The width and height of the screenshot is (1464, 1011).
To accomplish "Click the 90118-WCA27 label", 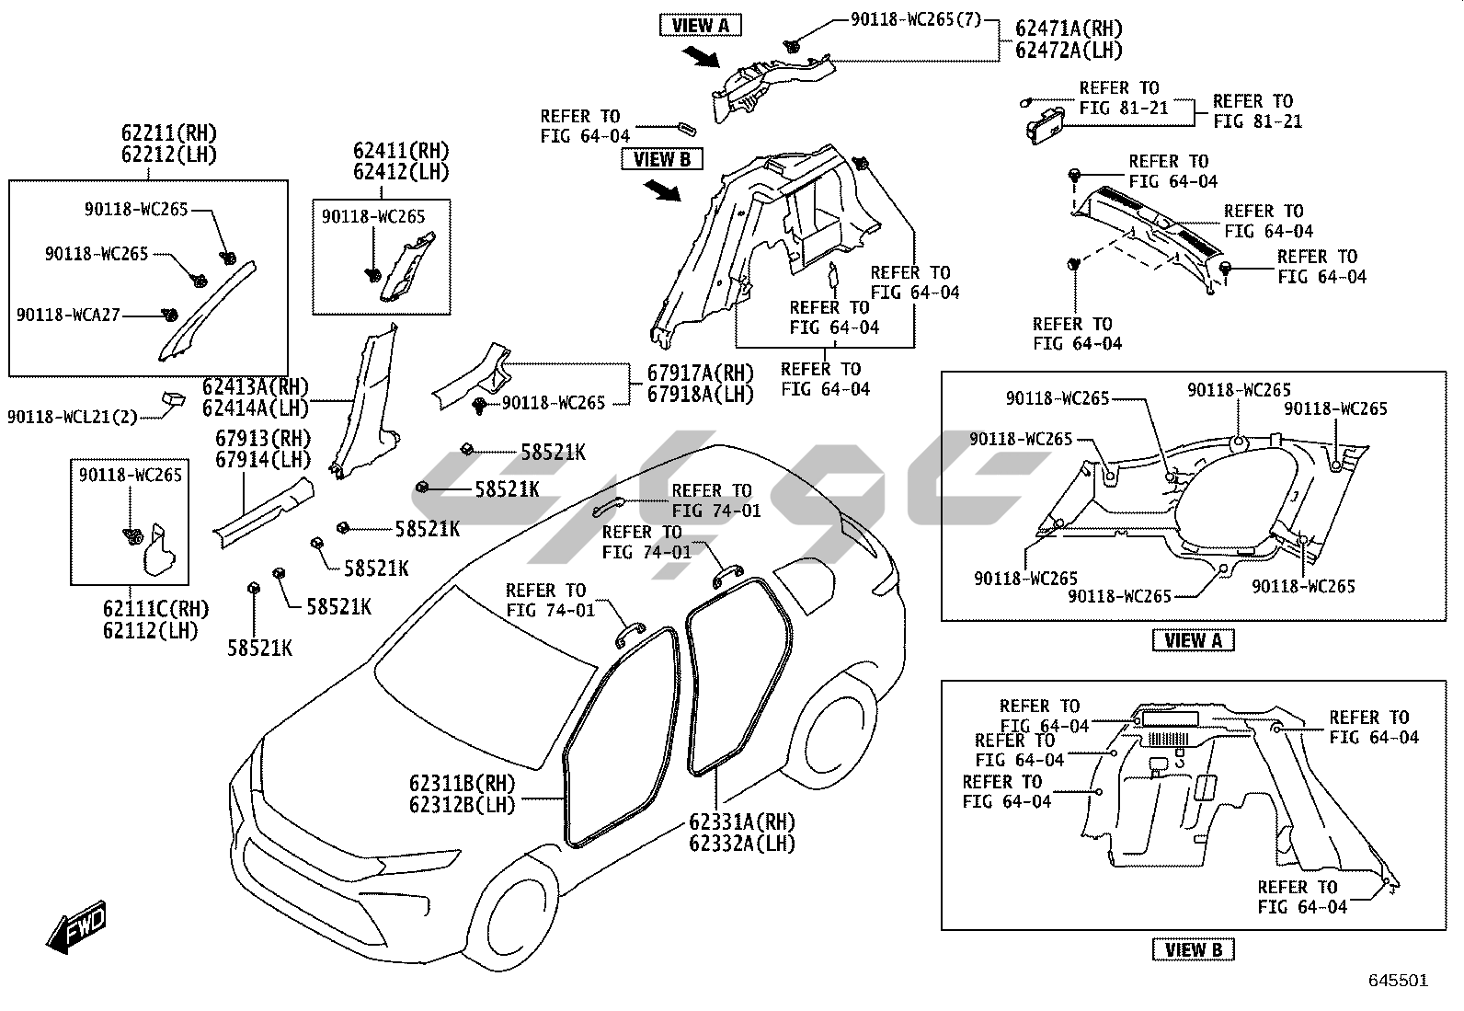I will tap(68, 315).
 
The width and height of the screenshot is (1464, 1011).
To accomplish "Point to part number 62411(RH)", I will tap(401, 151).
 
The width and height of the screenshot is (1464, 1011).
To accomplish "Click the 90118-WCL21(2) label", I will tap(72, 417).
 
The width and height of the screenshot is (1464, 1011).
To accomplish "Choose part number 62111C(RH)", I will tap(155, 609).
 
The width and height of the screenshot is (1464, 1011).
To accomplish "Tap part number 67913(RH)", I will tap(263, 439).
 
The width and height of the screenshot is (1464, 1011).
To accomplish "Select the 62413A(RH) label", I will tap(256, 386).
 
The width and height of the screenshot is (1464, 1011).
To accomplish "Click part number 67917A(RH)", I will tap(700, 373).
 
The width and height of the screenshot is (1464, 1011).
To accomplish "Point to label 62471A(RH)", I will tap(1069, 29).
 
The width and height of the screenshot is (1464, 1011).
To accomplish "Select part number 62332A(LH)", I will tap(742, 842).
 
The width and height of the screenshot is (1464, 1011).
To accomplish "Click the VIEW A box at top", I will tap(700, 26).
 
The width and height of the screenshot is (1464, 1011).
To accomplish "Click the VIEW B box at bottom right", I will tap(1193, 949).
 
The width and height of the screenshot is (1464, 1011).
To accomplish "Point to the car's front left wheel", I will tap(520, 921).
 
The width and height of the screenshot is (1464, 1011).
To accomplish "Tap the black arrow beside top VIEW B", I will tap(661, 190).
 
